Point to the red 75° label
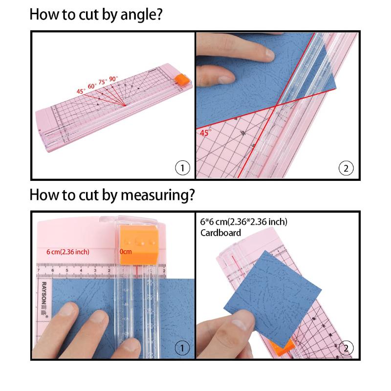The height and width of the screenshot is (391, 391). click(x=102, y=82)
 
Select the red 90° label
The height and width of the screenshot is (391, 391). click(x=113, y=79)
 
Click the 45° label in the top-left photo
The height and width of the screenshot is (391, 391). click(x=80, y=90)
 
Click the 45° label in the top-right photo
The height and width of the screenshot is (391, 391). click(x=205, y=132)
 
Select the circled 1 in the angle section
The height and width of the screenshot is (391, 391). click(x=182, y=168)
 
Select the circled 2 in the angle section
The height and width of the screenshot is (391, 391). click(x=346, y=168)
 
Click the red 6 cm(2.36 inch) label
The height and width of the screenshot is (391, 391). click(x=68, y=252)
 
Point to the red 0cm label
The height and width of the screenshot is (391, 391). click(x=126, y=252)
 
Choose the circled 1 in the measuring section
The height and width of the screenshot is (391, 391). click(x=182, y=348)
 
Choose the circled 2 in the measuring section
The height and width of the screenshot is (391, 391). click(x=346, y=348)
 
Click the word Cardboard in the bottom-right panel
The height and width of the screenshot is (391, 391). click(x=220, y=233)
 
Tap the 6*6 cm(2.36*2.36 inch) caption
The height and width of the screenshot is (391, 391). click(x=243, y=222)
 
